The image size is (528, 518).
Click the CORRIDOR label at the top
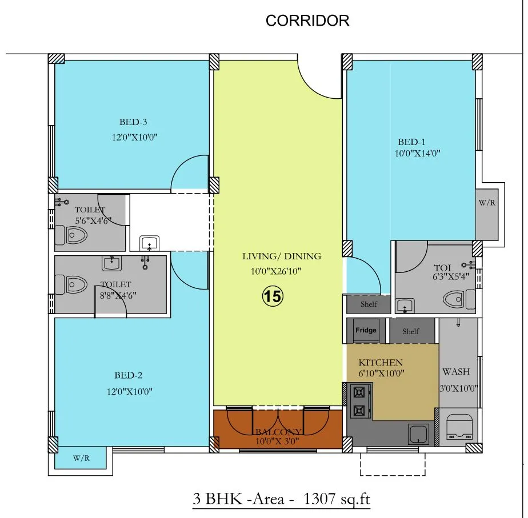307,21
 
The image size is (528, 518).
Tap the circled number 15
273,296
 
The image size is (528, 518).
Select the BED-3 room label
134,122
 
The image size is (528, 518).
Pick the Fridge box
366,331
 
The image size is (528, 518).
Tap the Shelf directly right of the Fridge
410,331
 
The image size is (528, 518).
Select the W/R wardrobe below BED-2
80,459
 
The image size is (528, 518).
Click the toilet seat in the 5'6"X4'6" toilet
74,234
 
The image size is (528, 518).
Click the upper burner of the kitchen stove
359,392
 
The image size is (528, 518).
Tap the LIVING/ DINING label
281,256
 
